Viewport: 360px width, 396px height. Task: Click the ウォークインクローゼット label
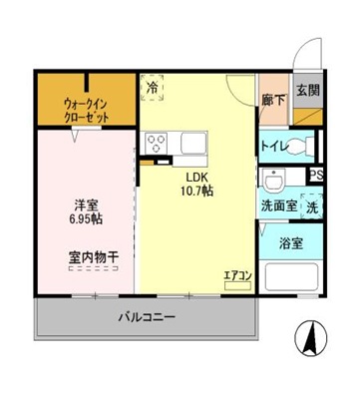pos(86,109)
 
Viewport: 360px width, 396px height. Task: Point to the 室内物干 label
pos(94,256)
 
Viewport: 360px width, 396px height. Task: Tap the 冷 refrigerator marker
pos(153,88)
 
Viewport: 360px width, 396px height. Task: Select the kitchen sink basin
pos(188,147)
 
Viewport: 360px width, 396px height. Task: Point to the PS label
pos(316,177)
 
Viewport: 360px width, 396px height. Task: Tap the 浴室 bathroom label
pos(291,242)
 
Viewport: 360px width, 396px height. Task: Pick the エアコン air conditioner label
pos(236,273)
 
